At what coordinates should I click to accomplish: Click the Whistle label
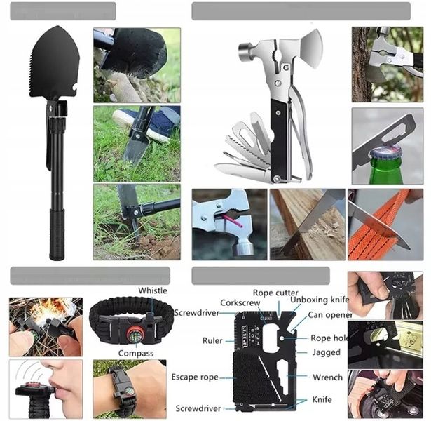pyautogui.click(x=152, y=290)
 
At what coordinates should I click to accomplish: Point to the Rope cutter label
pyautogui.click(x=275, y=293)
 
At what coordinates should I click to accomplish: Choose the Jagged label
pyautogui.click(x=326, y=353)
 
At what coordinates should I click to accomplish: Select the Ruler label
pyautogui.click(x=212, y=341)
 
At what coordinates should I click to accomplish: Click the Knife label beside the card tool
pyautogui.click(x=322, y=401)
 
